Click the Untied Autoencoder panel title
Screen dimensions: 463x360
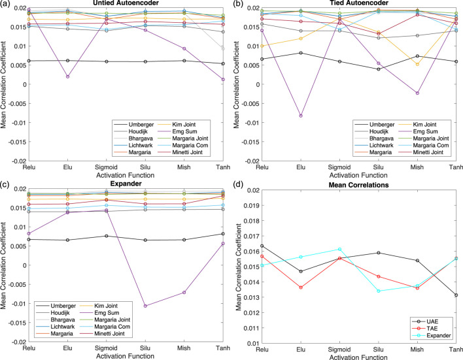126,3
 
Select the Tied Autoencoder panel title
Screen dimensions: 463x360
359,3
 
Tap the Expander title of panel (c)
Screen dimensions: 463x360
126,184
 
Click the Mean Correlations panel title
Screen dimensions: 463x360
359,185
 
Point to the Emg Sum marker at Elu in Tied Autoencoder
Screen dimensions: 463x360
301,116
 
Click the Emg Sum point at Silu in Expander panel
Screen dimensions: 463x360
145,306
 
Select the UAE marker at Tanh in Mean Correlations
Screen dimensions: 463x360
456,295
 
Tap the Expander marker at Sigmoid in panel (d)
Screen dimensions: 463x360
339,250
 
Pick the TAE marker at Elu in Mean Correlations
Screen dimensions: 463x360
301,287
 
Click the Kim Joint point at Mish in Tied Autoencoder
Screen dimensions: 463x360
417,64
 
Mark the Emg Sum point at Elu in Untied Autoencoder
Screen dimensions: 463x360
67,76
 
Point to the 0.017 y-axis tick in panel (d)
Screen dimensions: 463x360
250,236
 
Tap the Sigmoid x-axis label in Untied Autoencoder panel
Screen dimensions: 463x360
107,167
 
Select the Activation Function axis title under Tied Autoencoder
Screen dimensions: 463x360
358,175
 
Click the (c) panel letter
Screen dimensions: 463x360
5,185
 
